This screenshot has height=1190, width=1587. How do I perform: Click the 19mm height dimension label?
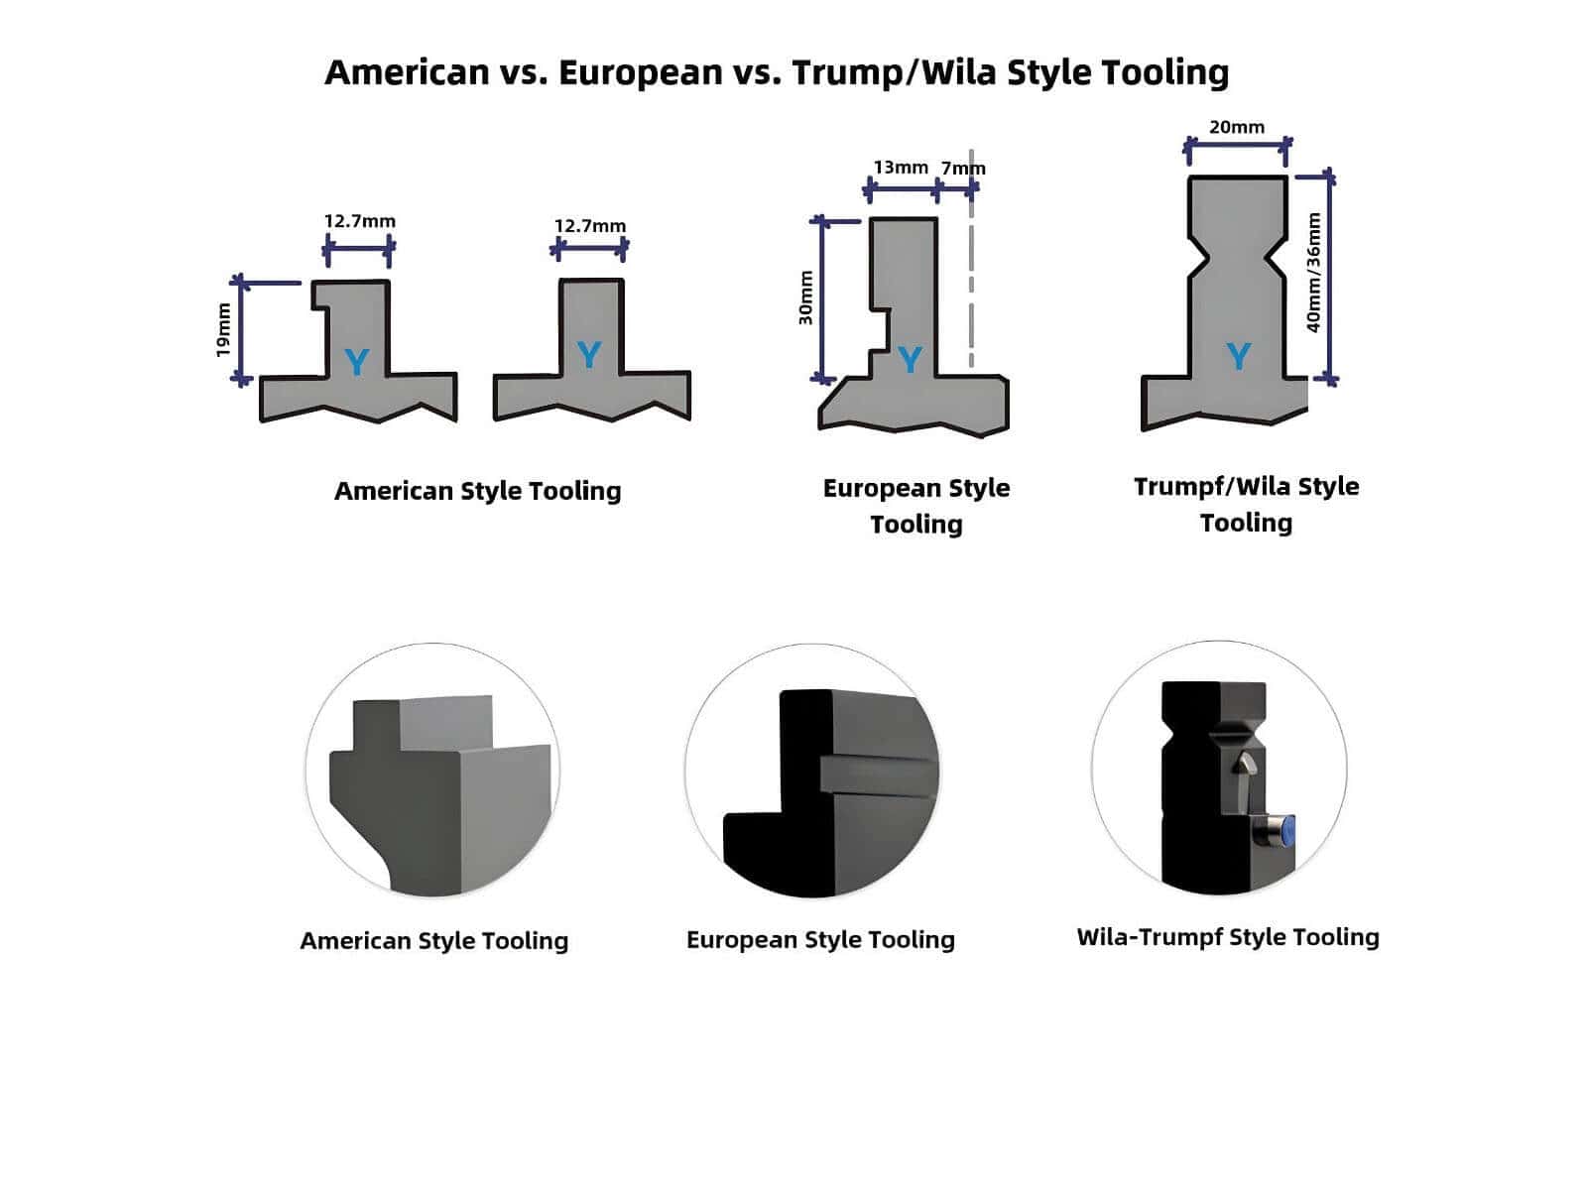[x=223, y=329]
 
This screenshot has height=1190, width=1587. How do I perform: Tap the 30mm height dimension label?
[x=805, y=297]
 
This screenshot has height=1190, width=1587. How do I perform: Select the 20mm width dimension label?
[x=1237, y=127]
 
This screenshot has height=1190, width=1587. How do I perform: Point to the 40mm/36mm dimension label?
[x=1314, y=273]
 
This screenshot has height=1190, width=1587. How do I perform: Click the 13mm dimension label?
[x=901, y=168]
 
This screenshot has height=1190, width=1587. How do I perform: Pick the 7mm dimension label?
[x=963, y=169]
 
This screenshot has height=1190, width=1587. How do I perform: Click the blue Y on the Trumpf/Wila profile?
[x=1238, y=356]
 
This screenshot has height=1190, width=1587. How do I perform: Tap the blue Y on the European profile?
[x=910, y=359]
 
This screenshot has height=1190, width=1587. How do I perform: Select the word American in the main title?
[x=407, y=72]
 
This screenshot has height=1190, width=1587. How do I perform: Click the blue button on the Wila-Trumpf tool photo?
[x=1286, y=830]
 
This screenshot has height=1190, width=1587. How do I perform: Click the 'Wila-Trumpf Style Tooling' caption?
[x=1228, y=937]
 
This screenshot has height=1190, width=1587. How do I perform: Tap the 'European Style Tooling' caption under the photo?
[x=820, y=939]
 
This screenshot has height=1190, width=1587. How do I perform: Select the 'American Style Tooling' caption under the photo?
[x=434, y=940]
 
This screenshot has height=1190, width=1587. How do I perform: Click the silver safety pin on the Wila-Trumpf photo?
[x=1246, y=763]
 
